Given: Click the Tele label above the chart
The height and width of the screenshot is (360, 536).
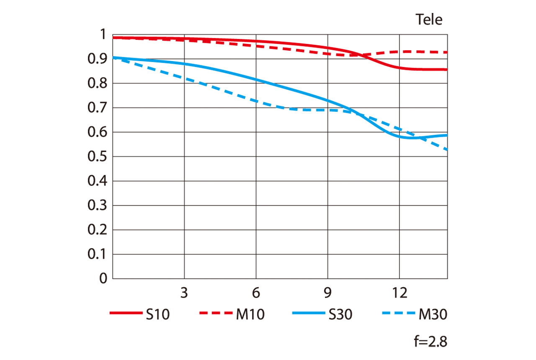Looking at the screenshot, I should [429, 19].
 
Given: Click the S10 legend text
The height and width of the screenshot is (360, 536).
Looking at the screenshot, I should [158, 314].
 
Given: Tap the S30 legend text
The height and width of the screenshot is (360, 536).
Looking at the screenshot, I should [340, 314].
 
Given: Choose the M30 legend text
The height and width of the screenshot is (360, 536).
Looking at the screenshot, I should [433, 314].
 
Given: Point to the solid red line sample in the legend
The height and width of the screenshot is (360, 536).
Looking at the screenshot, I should [126, 313].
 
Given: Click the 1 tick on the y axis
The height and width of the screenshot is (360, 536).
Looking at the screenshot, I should [103, 35].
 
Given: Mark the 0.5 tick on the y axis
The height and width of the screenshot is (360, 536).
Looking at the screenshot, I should [97, 157].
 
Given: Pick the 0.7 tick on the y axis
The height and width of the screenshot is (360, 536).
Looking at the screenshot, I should [97, 108].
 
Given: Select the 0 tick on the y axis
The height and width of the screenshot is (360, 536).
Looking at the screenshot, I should [103, 279].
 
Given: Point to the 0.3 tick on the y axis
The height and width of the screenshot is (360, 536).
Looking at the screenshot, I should [97, 206].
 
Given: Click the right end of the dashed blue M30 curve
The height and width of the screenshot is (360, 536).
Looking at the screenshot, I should [447, 149].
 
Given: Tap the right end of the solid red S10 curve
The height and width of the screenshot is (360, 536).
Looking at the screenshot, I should [447, 69].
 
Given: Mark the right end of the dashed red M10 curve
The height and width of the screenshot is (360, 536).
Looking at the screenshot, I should [447, 52].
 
